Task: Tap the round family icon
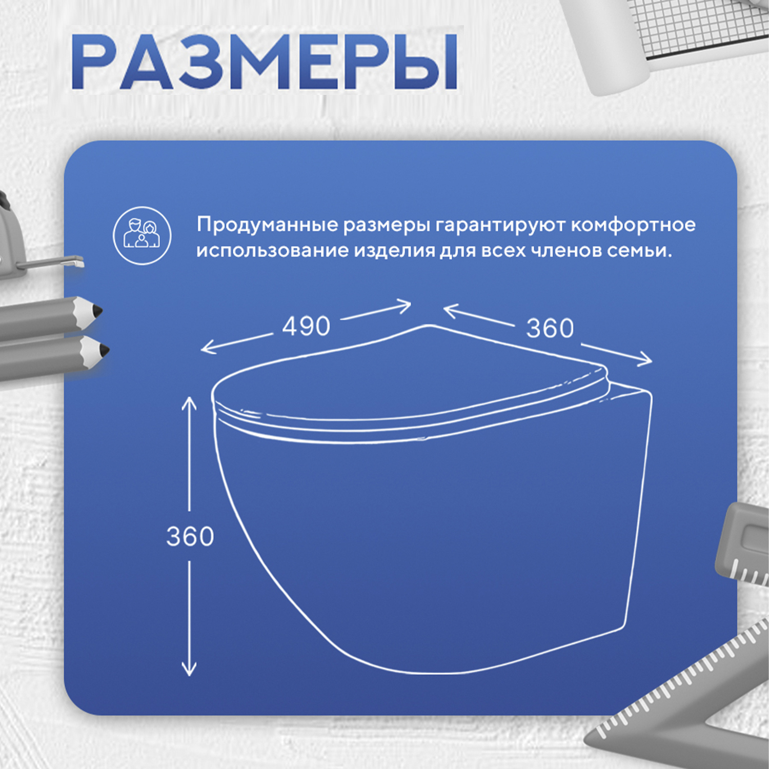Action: (x=142, y=235)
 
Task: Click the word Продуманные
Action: (x=268, y=226)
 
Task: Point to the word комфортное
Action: (x=633, y=226)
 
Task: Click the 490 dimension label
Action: (x=306, y=327)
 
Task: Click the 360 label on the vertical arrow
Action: (x=190, y=537)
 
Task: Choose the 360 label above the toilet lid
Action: (x=550, y=329)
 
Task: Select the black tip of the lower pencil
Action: (x=104, y=350)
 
